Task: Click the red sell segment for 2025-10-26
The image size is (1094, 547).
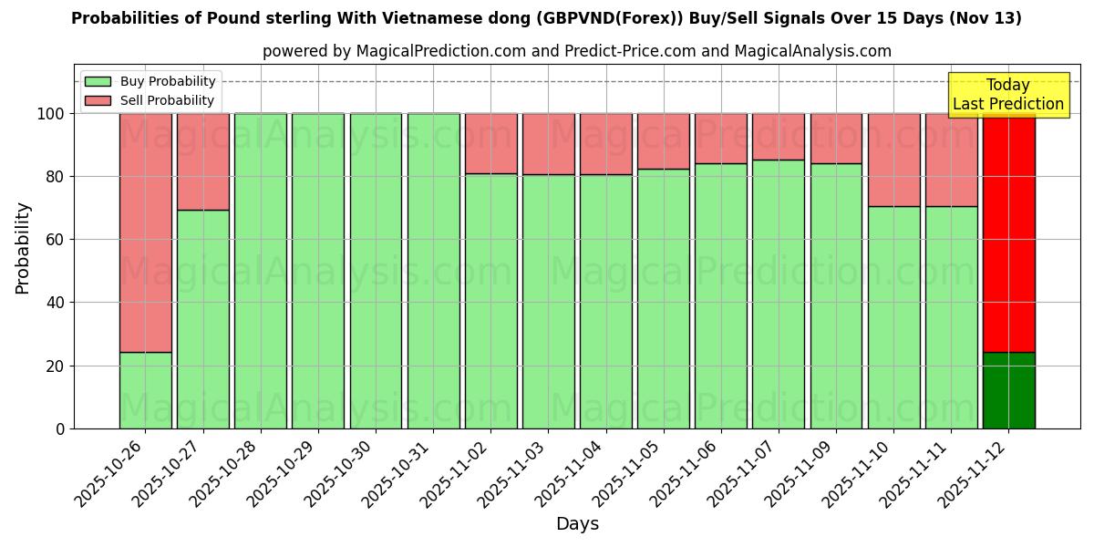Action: click(x=145, y=232)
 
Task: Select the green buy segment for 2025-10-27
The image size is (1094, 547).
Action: click(x=202, y=319)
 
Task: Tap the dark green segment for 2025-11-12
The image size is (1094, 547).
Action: click(x=1008, y=390)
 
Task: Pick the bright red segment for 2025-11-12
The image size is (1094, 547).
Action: click(x=1008, y=232)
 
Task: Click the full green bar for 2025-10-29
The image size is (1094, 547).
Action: click(x=318, y=271)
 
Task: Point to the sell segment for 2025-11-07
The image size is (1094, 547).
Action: click(x=779, y=136)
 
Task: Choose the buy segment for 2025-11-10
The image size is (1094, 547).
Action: click(x=893, y=317)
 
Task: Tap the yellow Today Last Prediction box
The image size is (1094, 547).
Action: click(x=1007, y=95)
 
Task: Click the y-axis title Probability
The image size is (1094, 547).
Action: click(x=24, y=248)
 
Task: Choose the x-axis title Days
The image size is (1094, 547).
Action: click(x=577, y=524)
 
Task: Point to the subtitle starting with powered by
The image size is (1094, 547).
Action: click(x=577, y=51)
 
